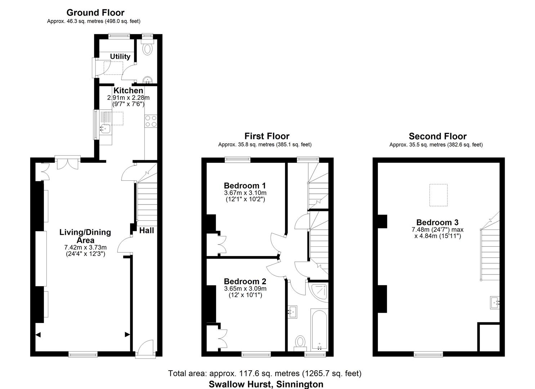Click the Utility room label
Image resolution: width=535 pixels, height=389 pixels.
tap(120, 57)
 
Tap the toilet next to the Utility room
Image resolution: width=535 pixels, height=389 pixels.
tap(147, 48)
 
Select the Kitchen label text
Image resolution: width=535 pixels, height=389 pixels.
tap(128, 90)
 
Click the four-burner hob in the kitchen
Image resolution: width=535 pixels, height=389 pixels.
tap(151, 121)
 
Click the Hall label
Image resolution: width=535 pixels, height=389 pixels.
tap(147, 231)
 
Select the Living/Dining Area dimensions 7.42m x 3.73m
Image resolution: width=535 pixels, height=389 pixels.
tap(85, 247)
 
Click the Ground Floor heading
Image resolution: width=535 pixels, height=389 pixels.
tap(95, 13)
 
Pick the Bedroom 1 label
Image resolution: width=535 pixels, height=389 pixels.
tap(245, 185)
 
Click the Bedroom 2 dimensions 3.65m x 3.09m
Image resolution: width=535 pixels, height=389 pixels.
tap(245, 289)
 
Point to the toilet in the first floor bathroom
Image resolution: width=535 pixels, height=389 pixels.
tap(300, 342)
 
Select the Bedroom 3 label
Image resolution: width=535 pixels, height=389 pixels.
tap(437, 222)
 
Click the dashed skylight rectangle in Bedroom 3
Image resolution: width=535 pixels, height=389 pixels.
tap(438, 195)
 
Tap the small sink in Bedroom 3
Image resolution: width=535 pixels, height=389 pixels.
tap(495, 303)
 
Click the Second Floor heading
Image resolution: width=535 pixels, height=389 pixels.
tap(437, 136)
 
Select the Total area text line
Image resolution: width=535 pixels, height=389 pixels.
tap(265, 373)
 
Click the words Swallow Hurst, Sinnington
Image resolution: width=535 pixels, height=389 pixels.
tap(266, 384)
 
